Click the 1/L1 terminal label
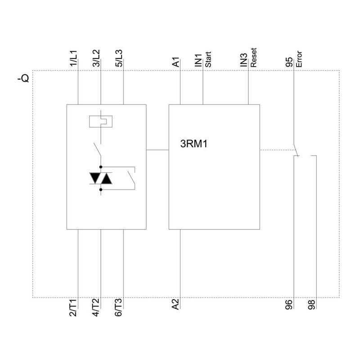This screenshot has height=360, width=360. pos(74,58)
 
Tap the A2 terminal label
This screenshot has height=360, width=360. pos(176,305)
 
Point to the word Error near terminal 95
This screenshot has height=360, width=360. pos(299,60)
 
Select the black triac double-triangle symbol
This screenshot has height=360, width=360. pos(100,178)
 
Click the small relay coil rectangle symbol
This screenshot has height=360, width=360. pos(101,121)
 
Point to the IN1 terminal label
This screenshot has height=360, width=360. pos(198,61)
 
